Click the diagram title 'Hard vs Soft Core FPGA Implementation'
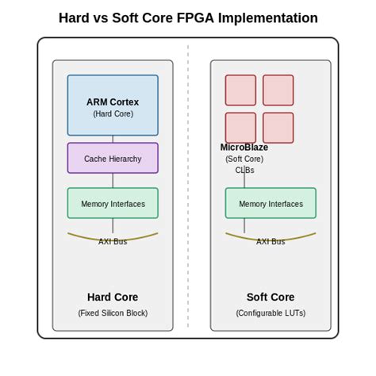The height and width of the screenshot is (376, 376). click(188, 18)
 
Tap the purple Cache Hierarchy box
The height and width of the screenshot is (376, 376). click(113, 158)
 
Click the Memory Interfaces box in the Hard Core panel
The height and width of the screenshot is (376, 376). click(113, 203)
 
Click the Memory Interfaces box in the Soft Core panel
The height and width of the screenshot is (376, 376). click(270, 203)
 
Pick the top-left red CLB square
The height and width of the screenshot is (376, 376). click(240, 90)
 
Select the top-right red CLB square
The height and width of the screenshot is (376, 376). click(278, 90)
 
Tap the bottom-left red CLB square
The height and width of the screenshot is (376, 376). click(240, 128)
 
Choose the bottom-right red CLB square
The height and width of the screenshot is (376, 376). click(278, 128)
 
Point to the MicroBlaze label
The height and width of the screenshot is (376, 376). click(244, 148)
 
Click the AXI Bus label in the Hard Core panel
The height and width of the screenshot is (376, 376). click(113, 241)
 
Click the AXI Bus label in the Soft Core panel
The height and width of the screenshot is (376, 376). click(270, 241)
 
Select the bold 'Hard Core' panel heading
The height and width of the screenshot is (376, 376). click(113, 297)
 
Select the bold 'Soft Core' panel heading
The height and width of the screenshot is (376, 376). click(270, 297)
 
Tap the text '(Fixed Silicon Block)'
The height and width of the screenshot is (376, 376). click(113, 313)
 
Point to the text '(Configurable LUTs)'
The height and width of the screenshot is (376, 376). click(270, 313)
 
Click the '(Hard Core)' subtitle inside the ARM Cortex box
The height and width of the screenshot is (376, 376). click(113, 114)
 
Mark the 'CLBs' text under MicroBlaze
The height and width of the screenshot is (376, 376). click(244, 170)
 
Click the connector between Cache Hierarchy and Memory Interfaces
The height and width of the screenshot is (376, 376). click(113, 180)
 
